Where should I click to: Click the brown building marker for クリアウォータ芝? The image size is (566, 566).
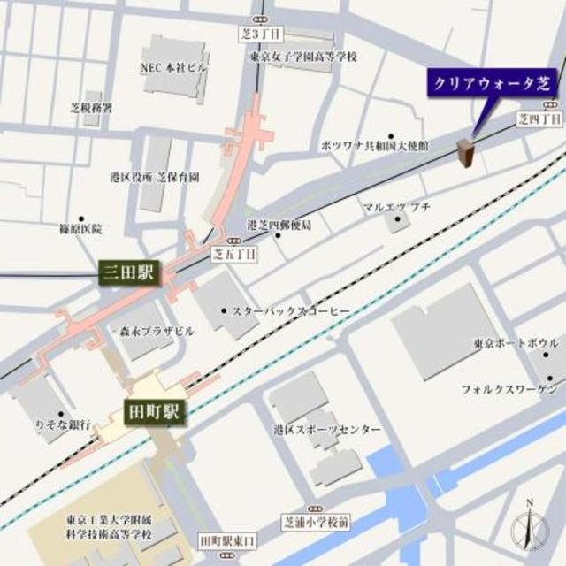(x=465, y=153)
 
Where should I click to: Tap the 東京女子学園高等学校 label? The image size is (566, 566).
(x=303, y=57)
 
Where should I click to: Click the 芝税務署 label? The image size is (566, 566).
(x=91, y=108)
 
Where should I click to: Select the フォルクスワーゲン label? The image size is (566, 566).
(x=508, y=388)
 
